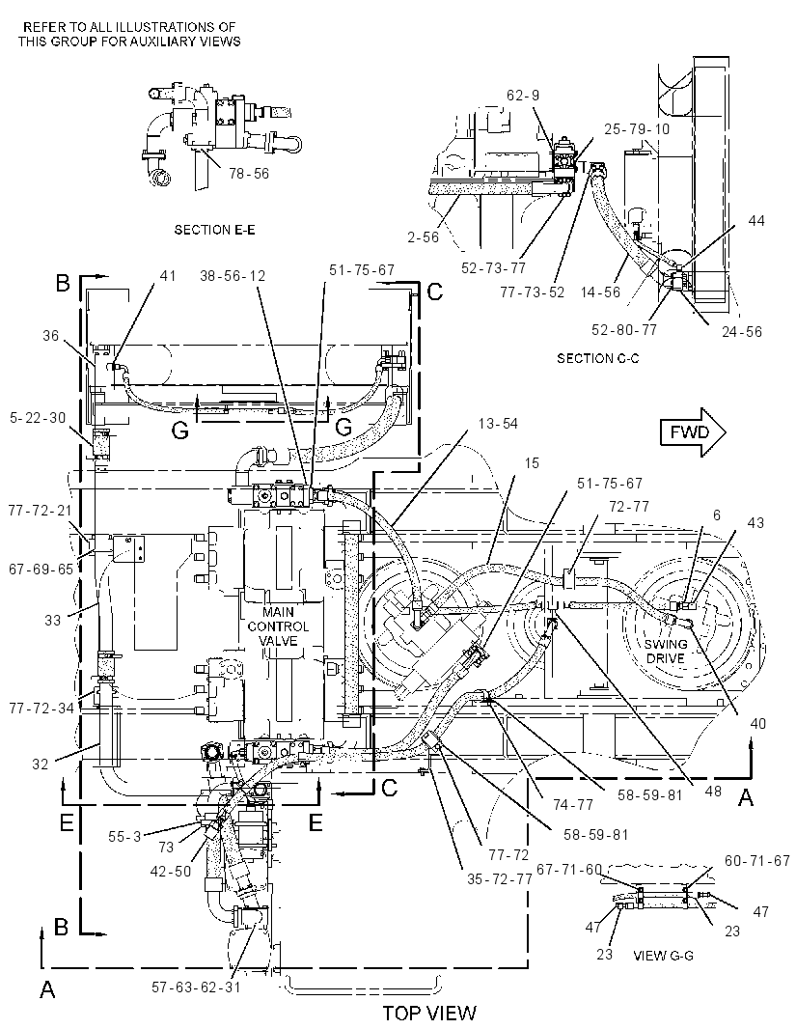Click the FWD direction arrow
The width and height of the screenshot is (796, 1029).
(693, 431)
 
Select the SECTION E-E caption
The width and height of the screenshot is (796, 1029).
(215, 230)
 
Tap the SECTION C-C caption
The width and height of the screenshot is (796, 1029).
(598, 358)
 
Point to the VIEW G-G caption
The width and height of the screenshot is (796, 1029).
(663, 956)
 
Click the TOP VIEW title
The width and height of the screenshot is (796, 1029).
(429, 1013)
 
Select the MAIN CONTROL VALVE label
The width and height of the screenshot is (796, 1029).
(278, 626)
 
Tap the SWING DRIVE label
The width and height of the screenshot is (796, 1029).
(666, 651)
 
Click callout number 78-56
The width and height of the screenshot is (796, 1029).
(249, 173)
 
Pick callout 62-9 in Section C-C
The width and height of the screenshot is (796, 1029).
(523, 96)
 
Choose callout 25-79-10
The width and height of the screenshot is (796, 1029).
(637, 128)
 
